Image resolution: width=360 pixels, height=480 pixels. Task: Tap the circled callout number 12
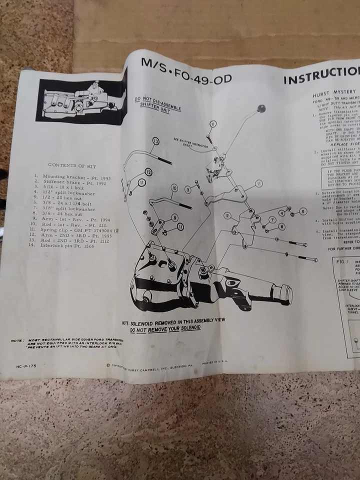(148, 171)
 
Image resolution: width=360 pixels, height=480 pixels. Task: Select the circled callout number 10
(174, 188)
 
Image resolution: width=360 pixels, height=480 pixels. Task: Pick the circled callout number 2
(227, 216)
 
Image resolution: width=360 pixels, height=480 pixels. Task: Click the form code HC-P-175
(25, 365)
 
